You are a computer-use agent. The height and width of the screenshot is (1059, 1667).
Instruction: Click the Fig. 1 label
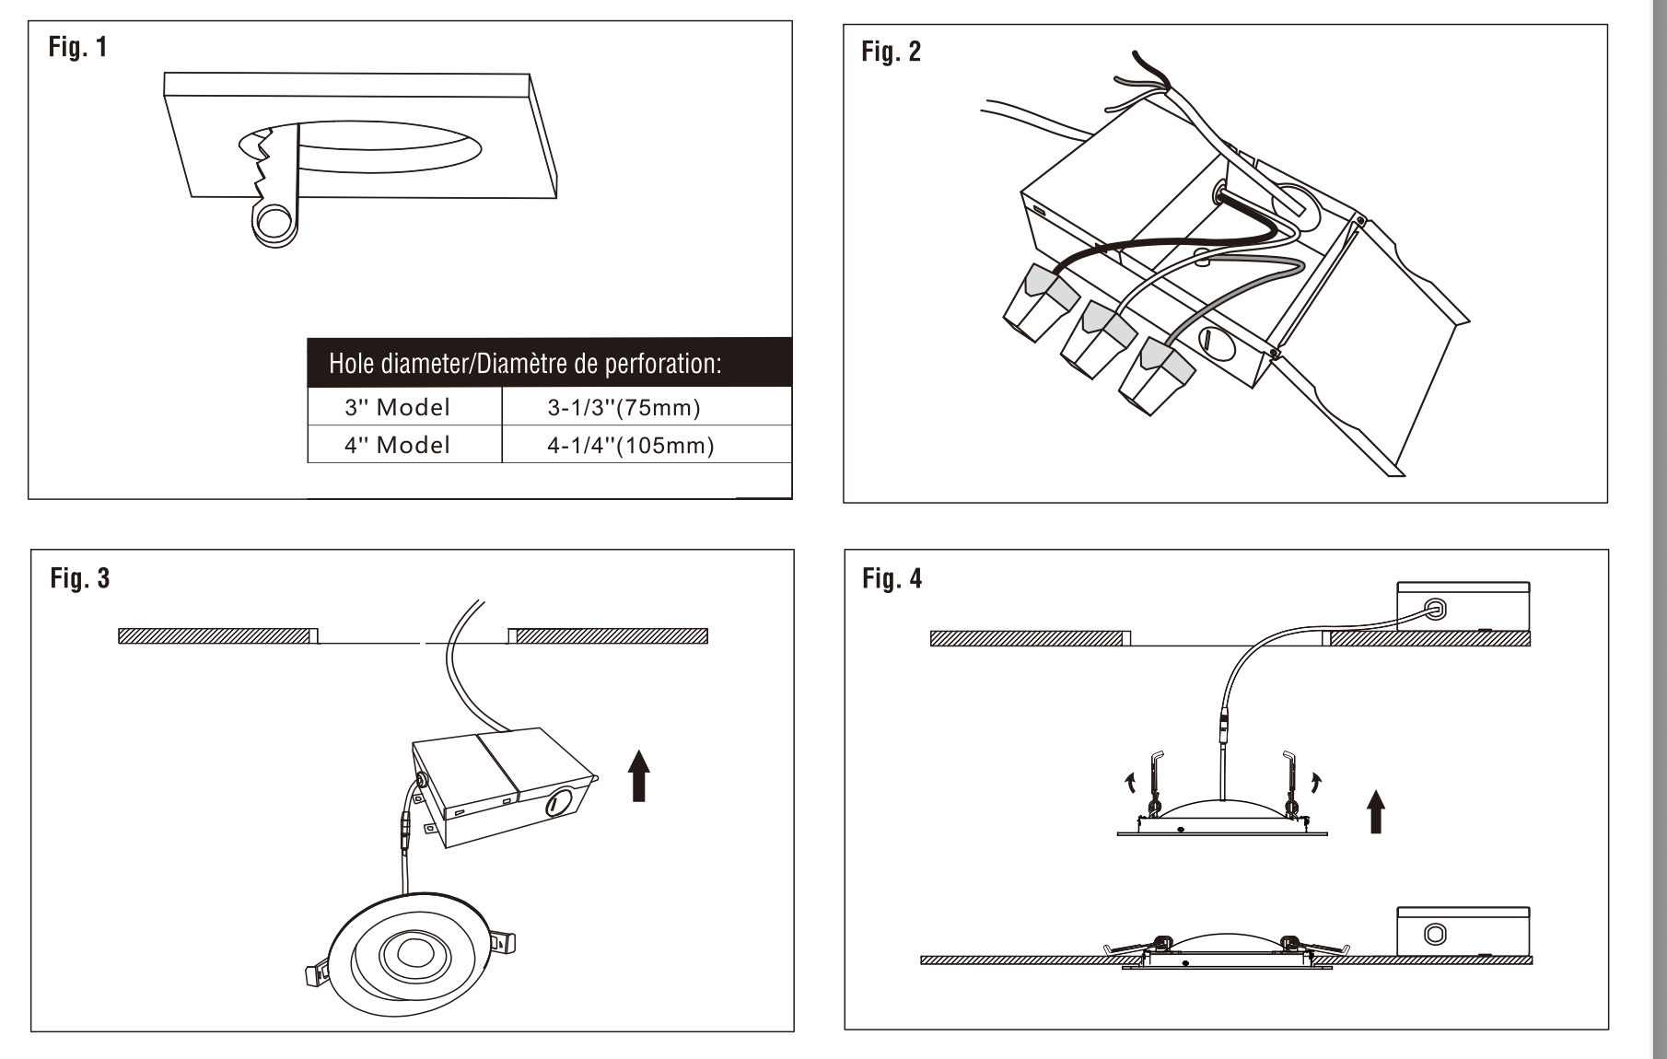(x=77, y=47)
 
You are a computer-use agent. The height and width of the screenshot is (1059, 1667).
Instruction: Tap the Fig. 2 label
(x=891, y=52)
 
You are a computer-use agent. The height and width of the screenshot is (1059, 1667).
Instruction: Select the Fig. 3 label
(x=79, y=578)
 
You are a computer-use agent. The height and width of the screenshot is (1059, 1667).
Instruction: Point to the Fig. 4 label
(x=892, y=578)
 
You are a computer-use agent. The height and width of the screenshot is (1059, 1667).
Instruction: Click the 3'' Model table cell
(x=397, y=407)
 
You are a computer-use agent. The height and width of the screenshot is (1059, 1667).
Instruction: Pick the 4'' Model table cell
(x=397, y=446)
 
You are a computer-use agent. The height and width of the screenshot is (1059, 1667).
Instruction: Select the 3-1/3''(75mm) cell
(x=624, y=407)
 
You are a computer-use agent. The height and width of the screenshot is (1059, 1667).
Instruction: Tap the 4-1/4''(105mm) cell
(x=630, y=446)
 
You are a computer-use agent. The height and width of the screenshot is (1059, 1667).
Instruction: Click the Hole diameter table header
(x=525, y=364)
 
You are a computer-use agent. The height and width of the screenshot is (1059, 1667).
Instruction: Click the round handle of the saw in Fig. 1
(x=274, y=223)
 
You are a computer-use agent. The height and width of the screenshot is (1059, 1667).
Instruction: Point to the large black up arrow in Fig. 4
(x=1376, y=810)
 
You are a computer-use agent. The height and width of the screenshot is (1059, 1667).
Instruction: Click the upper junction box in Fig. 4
(x=1463, y=606)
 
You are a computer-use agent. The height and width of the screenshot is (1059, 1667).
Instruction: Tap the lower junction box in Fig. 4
(x=1463, y=932)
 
